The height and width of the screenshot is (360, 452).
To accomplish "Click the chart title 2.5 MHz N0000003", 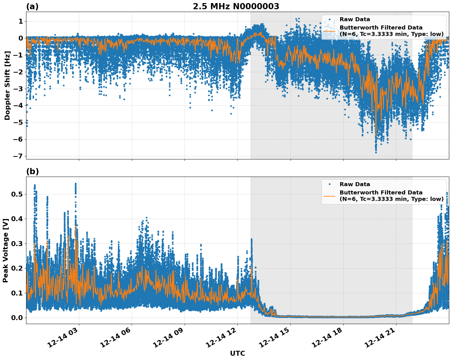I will click(x=236, y=6).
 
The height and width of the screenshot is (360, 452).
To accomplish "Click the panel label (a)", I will click(x=32, y=6).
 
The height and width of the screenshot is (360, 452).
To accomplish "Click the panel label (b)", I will click(x=32, y=171).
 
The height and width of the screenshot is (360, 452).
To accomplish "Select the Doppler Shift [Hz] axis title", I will click(x=7, y=85).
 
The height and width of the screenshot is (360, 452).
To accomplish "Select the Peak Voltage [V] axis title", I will click(x=6, y=250).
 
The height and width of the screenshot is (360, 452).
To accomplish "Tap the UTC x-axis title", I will click(x=237, y=353).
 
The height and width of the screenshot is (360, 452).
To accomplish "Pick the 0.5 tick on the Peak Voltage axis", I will click(x=17, y=194).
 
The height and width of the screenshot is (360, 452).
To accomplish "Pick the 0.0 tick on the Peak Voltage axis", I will click(x=17, y=318).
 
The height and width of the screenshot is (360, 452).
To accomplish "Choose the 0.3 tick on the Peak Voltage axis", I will click(x=17, y=244).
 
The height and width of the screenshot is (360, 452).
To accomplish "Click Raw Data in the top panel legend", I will click(x=355, y=19).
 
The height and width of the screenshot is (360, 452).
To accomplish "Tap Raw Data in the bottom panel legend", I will click(x=355, y=184).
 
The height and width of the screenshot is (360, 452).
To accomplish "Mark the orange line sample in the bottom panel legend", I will click(x=329, y=196).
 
